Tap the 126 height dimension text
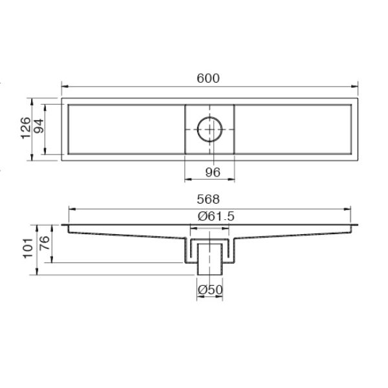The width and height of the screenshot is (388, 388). pos(25,128)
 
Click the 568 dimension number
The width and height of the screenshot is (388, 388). pos(210,200)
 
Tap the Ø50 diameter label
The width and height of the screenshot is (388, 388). pos(210,290)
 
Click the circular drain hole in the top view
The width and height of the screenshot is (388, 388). pos(210,129)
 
